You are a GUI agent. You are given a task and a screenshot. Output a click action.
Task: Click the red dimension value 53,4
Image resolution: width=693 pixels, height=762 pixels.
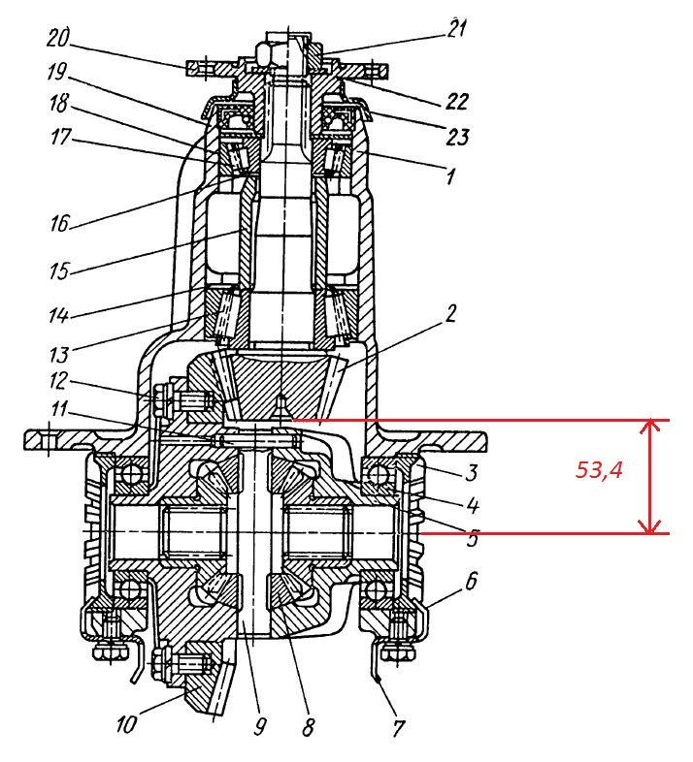coord(599,470)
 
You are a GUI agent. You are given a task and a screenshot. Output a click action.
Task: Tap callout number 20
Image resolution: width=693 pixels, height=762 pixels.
coord(58,38)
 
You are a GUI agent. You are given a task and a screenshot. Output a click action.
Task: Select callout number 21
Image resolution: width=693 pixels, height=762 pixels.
coord(456,28)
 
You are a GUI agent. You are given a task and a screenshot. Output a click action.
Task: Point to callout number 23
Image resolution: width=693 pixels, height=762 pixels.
coord(457,137)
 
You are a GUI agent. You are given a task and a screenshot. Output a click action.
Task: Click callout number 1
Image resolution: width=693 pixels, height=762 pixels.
coord(450,175)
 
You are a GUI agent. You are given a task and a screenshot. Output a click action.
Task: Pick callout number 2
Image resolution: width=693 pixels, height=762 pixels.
coord(451,313)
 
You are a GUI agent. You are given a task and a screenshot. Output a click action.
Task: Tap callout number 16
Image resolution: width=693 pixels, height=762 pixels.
coord(60,224)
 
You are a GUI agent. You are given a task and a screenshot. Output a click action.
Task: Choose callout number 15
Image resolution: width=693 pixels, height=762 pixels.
coord(59,270)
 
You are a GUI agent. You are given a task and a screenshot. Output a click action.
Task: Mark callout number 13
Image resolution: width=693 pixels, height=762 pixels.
coord(59,355)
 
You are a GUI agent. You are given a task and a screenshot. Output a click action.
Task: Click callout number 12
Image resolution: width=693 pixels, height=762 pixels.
coord(58,381)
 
